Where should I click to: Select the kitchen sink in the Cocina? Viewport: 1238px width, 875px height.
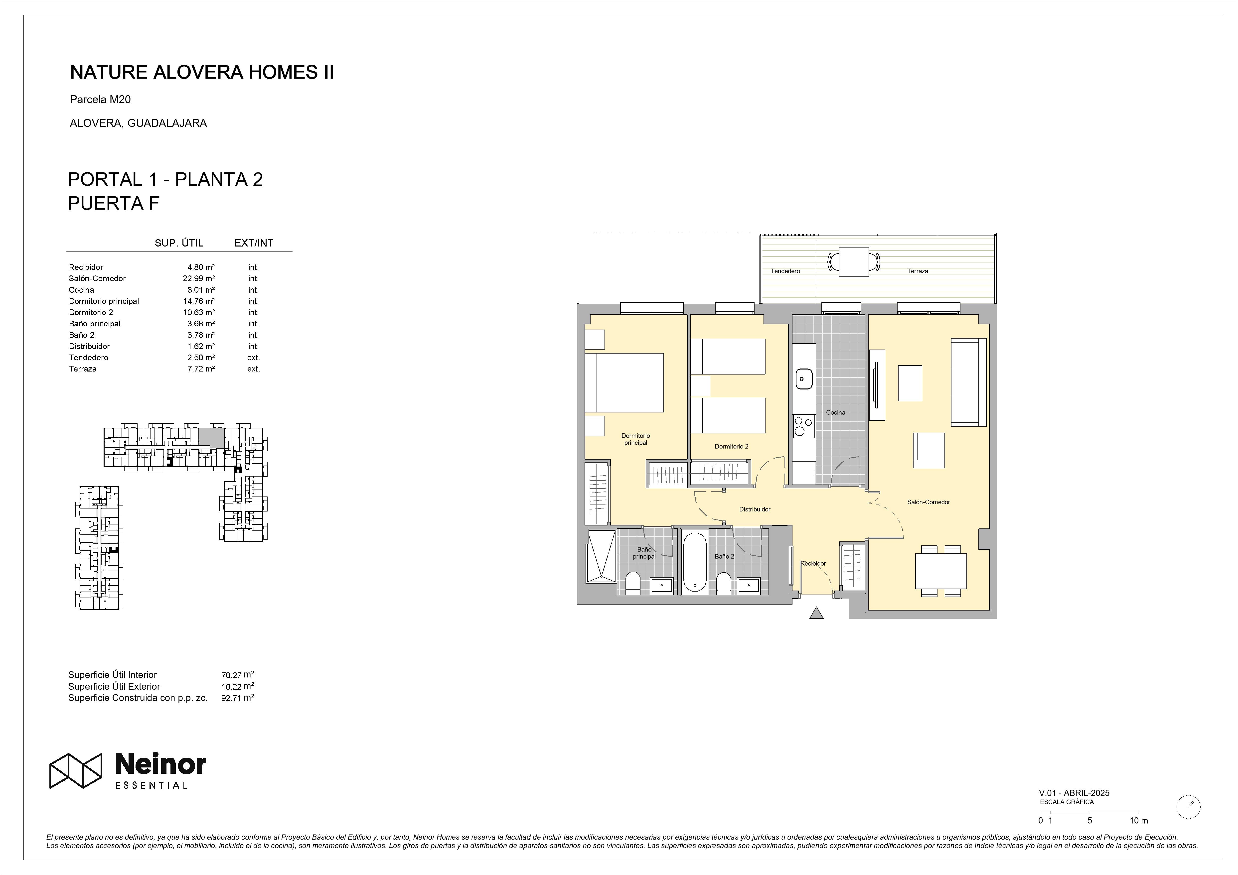pyautogui.click(x=802, y=379)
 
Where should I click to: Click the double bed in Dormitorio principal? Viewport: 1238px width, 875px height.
pyautogui.click(x=624, y=383)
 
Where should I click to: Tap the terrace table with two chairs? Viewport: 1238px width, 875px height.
pyautogui.click(x=854, y=262)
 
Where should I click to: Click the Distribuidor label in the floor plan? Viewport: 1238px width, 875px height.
pyautogui.click(x=754, y=509)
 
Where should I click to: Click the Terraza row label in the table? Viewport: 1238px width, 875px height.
pyautogui.click(x=83, y=369)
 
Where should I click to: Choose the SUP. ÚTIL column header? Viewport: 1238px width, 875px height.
pyautogui.click(x=179, y=243)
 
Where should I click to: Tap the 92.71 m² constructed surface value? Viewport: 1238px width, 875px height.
pyautogui.click(x=237, y=698)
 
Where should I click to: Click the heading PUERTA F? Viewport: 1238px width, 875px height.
pyautogui.click(x=114, y=203)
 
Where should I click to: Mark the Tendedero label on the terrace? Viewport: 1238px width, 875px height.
pyautogui.click(x=785, y=271)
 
